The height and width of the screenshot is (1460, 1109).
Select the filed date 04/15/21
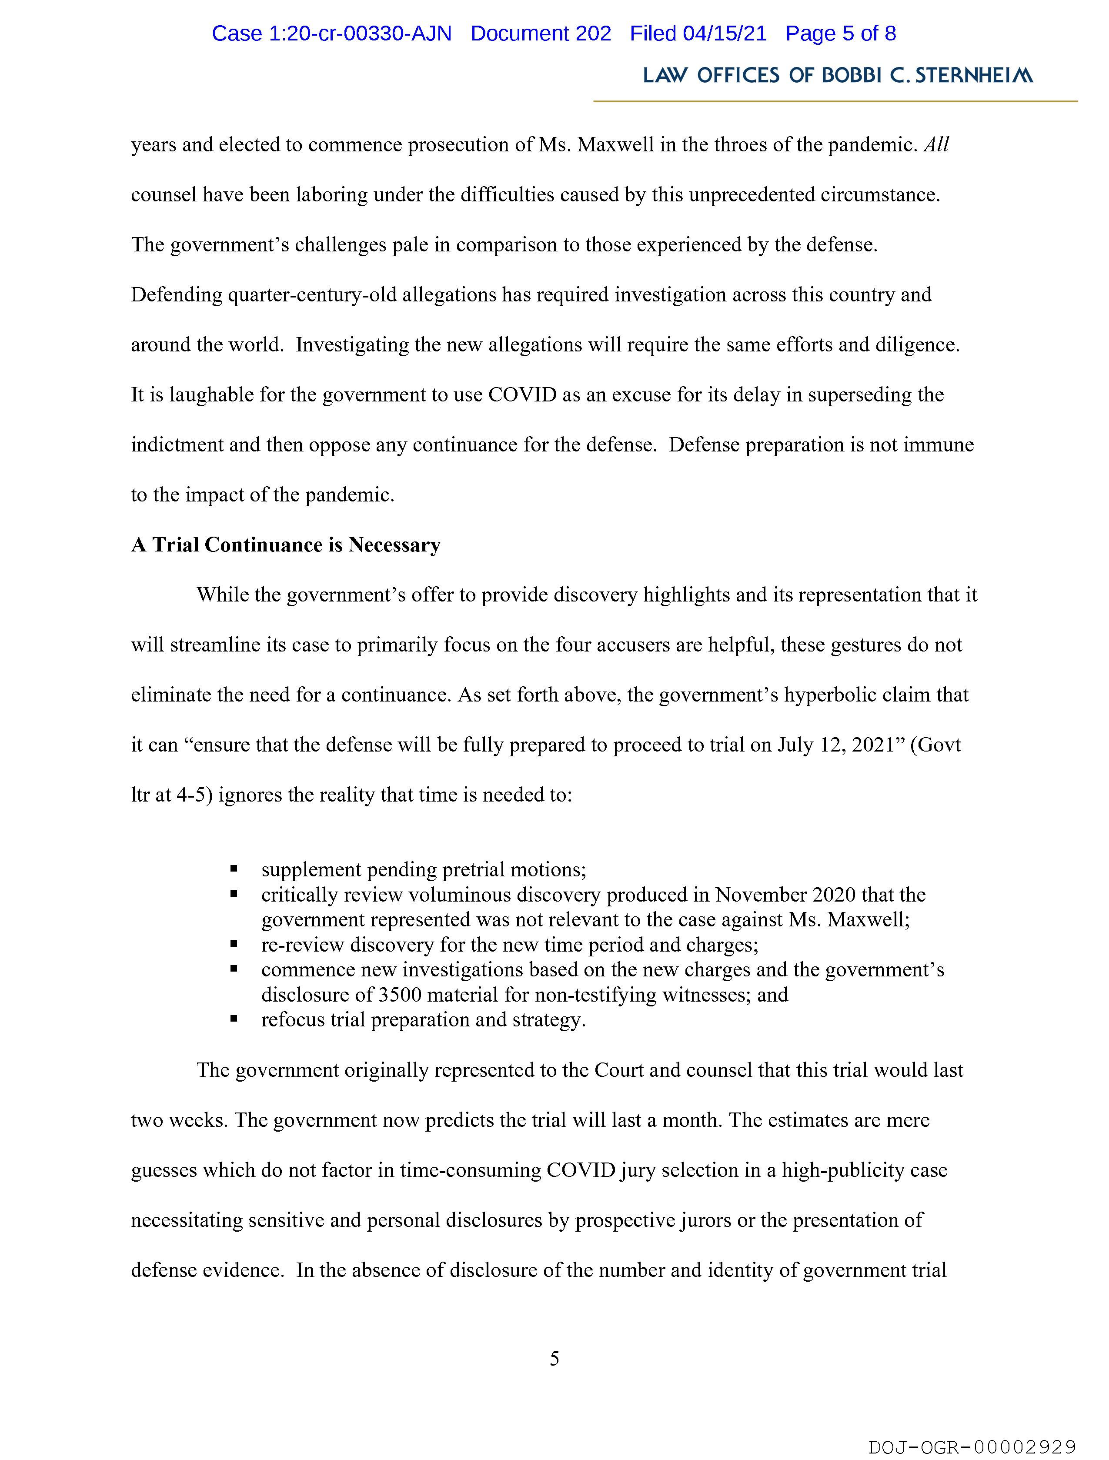[725, 33]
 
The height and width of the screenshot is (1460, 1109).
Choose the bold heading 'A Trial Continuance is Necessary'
[285, 545]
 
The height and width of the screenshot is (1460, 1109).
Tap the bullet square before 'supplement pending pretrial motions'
[234, 870]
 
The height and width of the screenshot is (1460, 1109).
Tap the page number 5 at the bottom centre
[554, 1359]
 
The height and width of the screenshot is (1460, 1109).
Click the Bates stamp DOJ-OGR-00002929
[972, 1447]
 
